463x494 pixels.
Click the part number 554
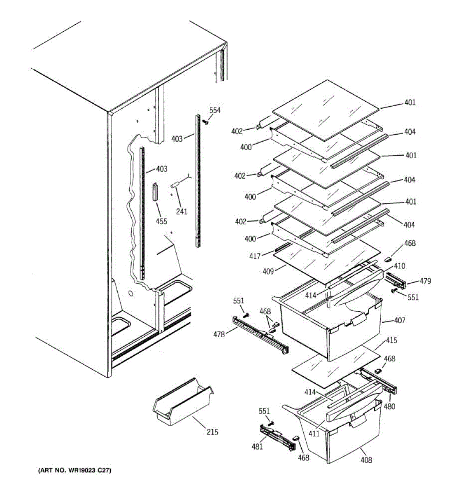pyautogui.click(x=215, y=110)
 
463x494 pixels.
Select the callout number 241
pyautogui.click(x=181, y=212)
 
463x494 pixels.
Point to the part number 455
pyautogui.click(x=161, y=221)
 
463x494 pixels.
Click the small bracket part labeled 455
pyautogui.click(x=156, y=191)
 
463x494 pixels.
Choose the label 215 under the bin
pyautogui.click(x=212, y=432)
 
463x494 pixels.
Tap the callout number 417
pyautogui.click(x=255, y=256)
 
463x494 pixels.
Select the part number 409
pyautogui.click(x=268, y=271)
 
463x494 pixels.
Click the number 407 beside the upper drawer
pyautogui.click(x=399, y=320)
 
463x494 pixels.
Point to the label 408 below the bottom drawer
pyautogui.click(x=366, y=460)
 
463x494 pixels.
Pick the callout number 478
pyautogui.click(x=219, y=335)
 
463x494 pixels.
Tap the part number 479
pyautogui.click(x=425, y=281)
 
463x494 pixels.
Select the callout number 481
pyautogui.click(x=257, y=446)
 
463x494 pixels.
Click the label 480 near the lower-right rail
pyautogui.click(x=389, y=407)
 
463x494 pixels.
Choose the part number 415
pyautogui.click(x=391, y=341)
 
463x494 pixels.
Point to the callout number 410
pyautogui.click(x=399, y=266)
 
